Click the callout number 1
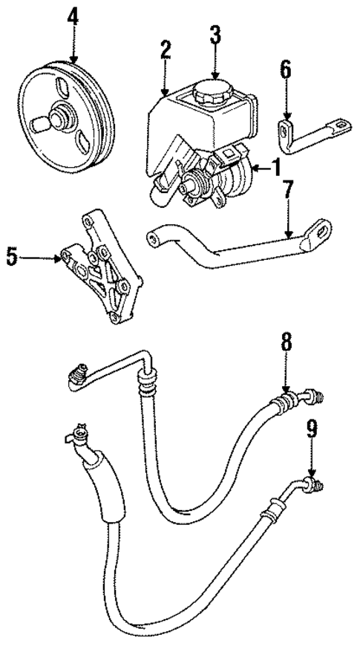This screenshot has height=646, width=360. pos(275,169)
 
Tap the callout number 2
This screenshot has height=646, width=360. pos(165,50)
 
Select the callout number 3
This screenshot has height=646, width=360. pos(215,36)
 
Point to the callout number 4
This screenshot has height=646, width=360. pos(73,16)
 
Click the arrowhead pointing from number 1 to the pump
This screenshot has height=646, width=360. pos(252,169)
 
